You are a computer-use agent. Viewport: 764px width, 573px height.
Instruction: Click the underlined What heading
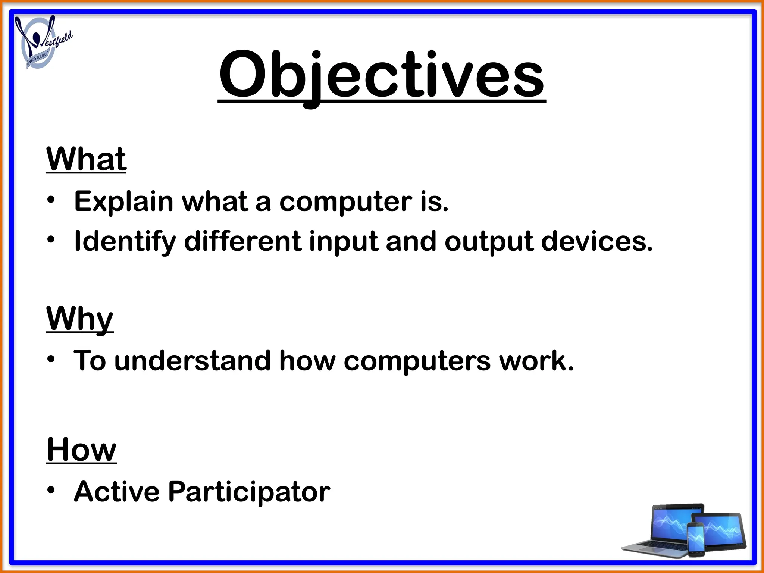pos(86,159)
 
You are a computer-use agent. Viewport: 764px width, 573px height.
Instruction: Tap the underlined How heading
pos(81,450)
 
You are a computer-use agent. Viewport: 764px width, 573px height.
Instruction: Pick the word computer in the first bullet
pos(343,202)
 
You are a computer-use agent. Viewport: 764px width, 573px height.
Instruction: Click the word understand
pos(192,361)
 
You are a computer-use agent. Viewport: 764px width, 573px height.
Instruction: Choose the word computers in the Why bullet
pos(417,361)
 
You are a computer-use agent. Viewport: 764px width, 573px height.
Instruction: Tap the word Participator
pos(249,492)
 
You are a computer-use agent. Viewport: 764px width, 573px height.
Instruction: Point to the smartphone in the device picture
pos(696,538)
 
